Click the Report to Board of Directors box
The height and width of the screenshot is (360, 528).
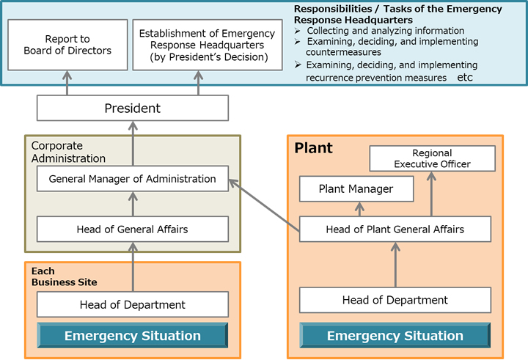67,45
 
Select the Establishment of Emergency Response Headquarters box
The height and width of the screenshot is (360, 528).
207,45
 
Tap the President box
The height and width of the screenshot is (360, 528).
132,109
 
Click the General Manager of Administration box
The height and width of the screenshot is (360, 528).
132,178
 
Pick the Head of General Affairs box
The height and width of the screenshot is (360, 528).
132,229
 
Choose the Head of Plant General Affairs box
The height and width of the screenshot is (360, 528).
395,229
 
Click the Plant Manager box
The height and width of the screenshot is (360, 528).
356,189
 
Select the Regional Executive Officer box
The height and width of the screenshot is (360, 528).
432,158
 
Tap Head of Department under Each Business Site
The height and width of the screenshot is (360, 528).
132,304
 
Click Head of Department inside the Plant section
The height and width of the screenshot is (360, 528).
395,300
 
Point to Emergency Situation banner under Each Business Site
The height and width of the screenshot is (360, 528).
132,336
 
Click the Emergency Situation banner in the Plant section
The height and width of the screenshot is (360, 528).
395,336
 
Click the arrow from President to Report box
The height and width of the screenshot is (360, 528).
67,84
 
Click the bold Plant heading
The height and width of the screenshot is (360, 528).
313,148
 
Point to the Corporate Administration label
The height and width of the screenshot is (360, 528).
67,152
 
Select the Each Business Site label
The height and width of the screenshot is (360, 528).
64,276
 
